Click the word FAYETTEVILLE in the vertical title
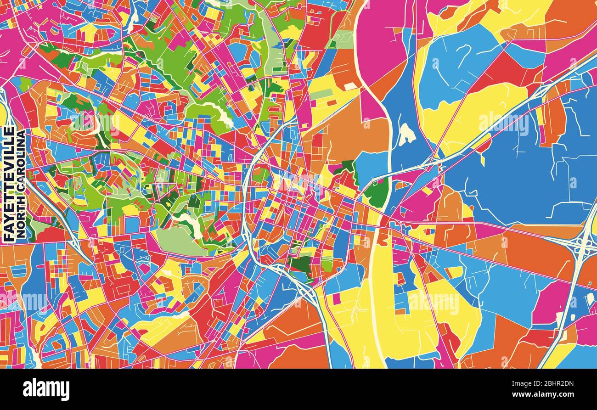(8, 184)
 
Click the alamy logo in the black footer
(46, 389)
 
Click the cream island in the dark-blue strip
(406, 134)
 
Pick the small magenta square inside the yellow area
(337, 299)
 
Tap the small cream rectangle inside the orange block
(350, 86)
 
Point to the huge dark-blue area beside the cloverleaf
(519, 174)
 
